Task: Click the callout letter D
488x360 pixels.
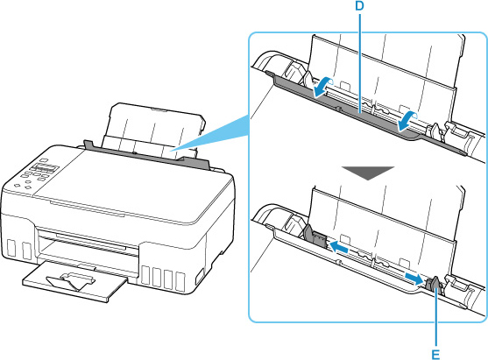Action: point(360,6)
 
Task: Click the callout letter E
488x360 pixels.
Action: point(435,354)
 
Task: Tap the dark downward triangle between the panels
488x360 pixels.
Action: point(368,173)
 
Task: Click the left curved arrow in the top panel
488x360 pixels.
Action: point(323,88)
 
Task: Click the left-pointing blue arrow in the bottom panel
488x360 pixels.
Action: point(339,248)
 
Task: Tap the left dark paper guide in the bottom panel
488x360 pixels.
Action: point(314,237)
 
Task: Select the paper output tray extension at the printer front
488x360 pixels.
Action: point(74,281)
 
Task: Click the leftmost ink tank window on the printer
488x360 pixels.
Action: point(11,248)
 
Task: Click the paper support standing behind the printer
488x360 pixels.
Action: point(153,128)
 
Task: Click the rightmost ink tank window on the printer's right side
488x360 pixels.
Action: point(180,282)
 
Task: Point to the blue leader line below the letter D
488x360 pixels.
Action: point(360,62)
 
